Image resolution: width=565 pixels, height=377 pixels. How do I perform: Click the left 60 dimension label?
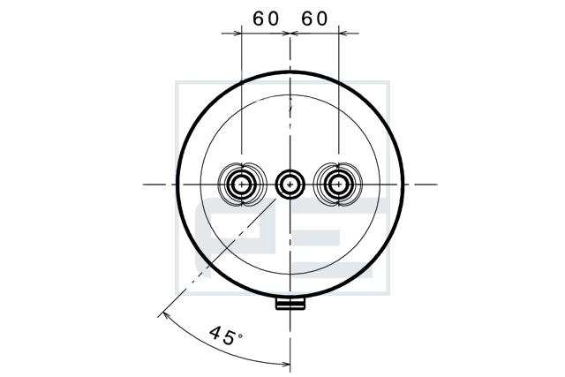[266, 19]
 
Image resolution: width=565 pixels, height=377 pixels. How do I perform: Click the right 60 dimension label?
[315, 19]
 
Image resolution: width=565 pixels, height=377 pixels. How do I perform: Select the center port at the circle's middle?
[290, 185]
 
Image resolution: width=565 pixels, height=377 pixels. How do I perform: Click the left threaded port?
[242, 185]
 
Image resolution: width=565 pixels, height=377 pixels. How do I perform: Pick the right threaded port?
[339, 185]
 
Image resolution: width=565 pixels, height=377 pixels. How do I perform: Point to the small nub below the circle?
[290, 302]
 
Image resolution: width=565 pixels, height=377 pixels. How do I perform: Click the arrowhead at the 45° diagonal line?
[166, 316]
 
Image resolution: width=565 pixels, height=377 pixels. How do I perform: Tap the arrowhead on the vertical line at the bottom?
[285, 365]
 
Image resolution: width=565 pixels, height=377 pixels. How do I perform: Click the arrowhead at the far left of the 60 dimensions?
[237, 34]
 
